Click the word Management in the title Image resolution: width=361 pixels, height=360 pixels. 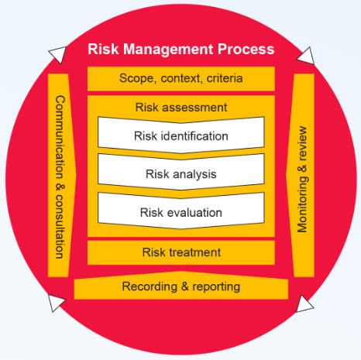click(x=168, y=50)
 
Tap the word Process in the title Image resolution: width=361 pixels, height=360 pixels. click(x=246, y=49)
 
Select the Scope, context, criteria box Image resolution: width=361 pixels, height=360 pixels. click(x=181, y=79)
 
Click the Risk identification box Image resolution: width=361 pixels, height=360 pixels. click(x=181, y=135)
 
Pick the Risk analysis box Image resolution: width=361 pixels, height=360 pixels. click(x=181, y=173)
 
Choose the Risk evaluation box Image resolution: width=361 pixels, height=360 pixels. click(x=181, y=211)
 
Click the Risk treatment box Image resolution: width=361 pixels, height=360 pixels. click(x=181, y=252)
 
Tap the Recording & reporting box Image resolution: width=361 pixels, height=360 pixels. click(x=181, y=286)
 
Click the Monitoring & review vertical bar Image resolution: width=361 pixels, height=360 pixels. click(x=301, y=176)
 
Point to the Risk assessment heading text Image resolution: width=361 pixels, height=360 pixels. click(x=181, y=108)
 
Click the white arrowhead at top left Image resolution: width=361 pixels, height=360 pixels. click(x=58, y=54)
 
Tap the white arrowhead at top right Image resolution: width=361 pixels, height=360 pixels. click(x=306, y=56)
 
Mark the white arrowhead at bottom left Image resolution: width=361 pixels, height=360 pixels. click(x=56, y=303)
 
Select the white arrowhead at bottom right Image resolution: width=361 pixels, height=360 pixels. click(x=304, y=304)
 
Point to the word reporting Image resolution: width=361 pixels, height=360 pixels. click(x=216, y=287)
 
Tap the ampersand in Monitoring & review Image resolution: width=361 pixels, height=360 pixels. click(x=302, y=168)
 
